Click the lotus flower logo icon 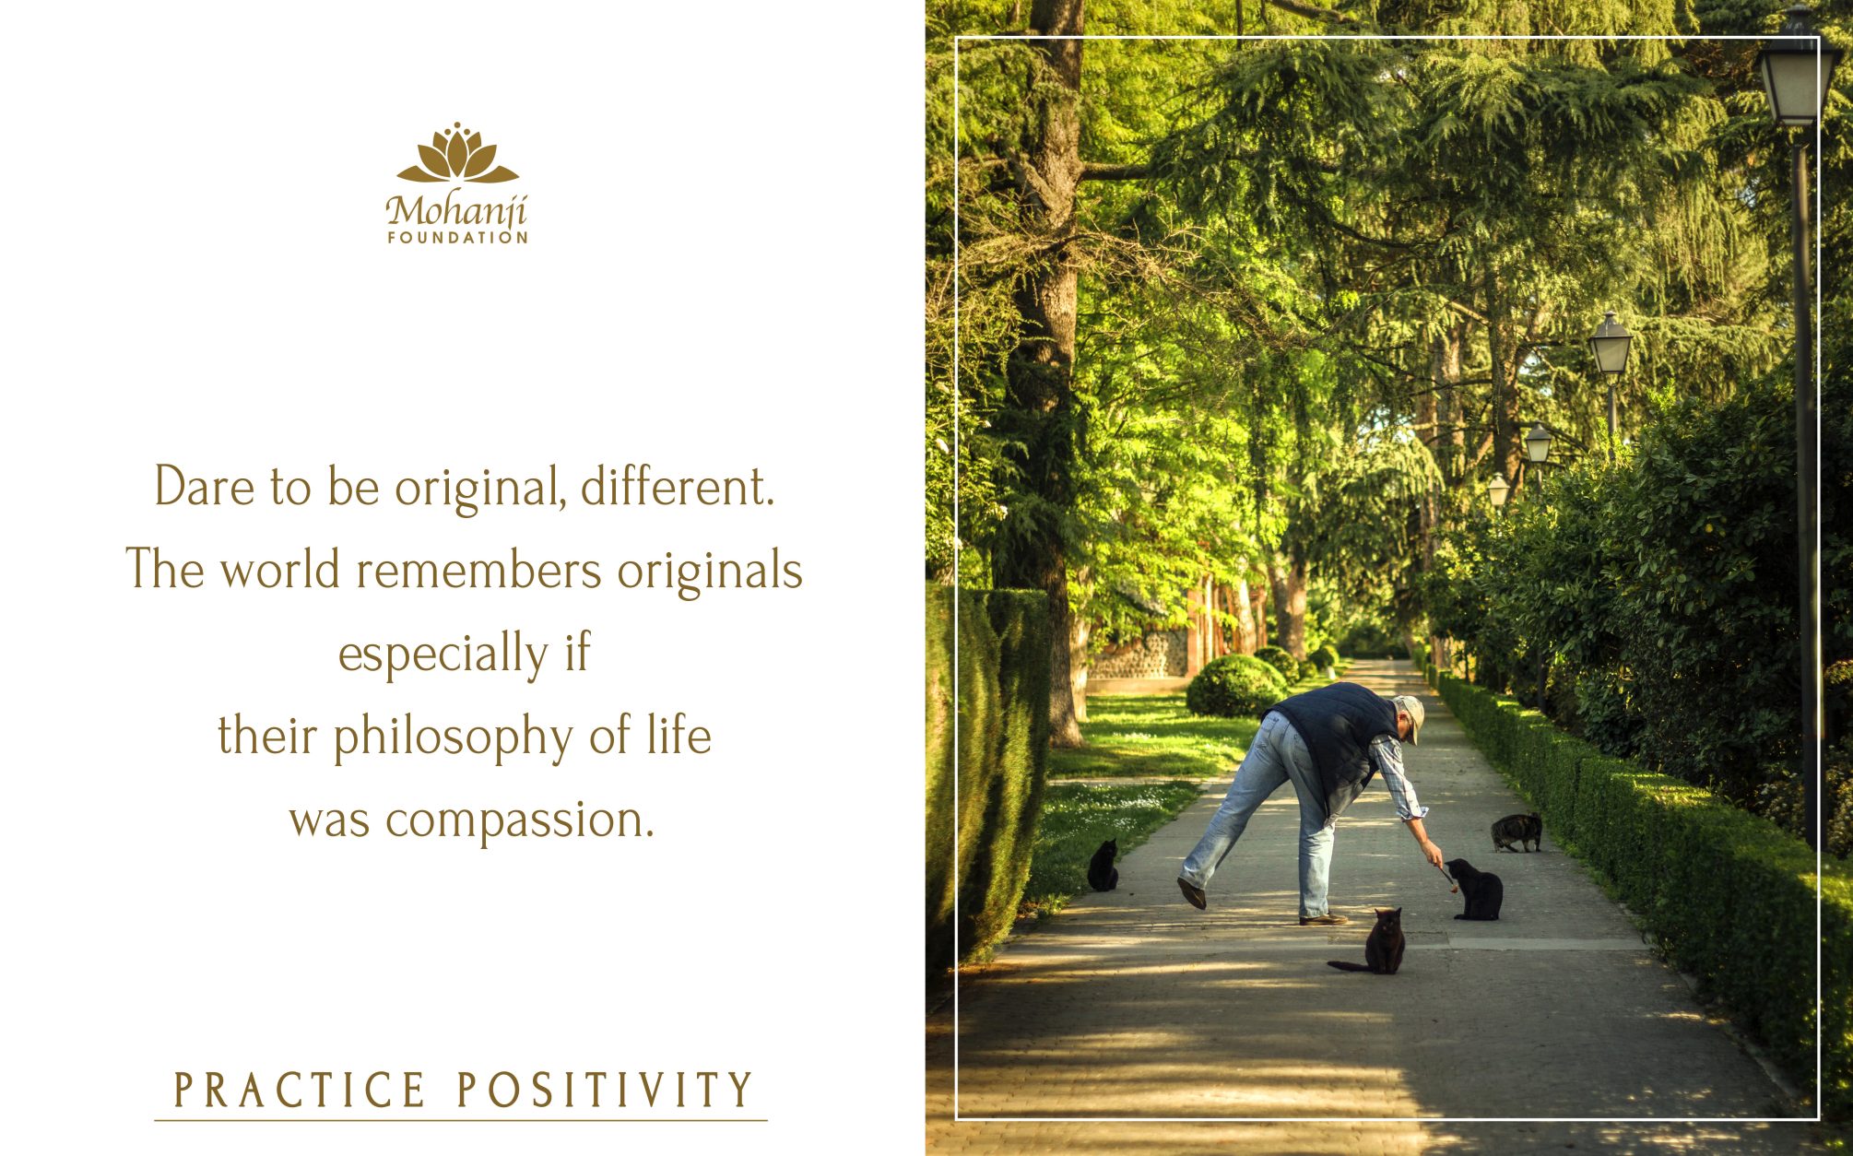pos(457,153)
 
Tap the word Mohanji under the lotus pos(456,212)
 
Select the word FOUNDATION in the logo pos(457,238)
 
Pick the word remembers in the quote pos(479,570)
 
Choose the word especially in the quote pos(443,654)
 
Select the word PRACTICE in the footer pos(301,1090)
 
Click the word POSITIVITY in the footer pos(606,1090)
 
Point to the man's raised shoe pos(1191,892)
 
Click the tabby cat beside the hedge pos(1517,832)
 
